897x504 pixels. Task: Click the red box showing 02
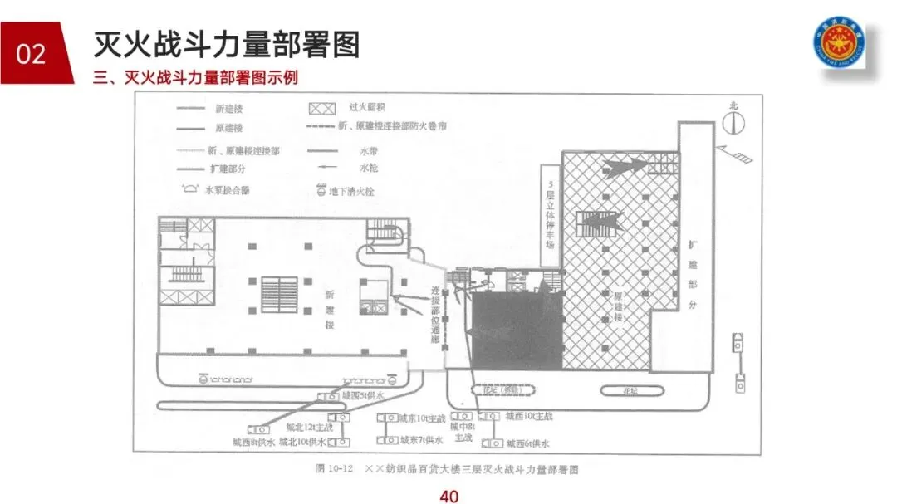click(x=32, y=54)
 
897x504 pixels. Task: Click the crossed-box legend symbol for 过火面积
click(x=321, y=109)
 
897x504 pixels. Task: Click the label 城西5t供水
click(x=364, y=397)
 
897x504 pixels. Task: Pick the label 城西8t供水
click(x=255, y=443)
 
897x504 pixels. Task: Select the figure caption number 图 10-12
click(x=335, y=470)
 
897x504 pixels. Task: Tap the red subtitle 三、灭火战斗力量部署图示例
click(x=196, y=78)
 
